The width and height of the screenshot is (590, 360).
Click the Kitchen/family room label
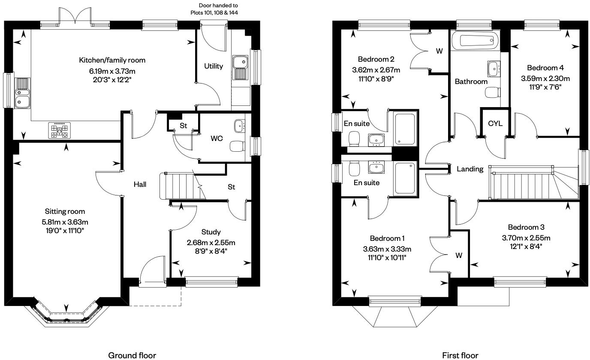[112, 60]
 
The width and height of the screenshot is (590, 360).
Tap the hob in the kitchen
[60, 131]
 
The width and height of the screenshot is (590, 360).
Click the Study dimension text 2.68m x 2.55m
[211, 243]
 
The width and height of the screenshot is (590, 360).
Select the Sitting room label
[65, 211]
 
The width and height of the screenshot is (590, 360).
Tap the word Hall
[140, 184]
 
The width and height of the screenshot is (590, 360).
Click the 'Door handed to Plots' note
[214, 9]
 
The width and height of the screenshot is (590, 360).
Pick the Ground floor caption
[132, 355]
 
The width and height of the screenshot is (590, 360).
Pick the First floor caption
[460, 355]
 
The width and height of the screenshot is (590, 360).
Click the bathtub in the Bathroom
[479, 41]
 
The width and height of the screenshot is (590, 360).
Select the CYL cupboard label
[495, 123]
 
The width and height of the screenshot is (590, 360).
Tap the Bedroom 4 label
[545, 68]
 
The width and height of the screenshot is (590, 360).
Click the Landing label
[470, 169]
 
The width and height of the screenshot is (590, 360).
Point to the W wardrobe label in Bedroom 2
[439, 51]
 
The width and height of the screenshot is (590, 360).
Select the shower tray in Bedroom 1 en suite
[405, 178]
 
